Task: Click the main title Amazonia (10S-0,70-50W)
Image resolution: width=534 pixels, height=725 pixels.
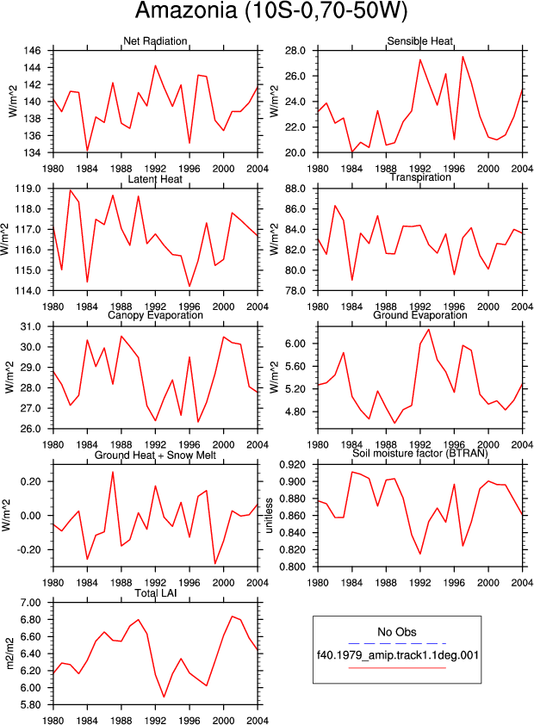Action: click(x=271, y=10)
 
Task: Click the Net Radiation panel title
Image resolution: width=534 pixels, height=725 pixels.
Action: click(x=155, y=41)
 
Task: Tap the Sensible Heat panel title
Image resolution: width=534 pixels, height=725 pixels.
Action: click(x=419, y=41)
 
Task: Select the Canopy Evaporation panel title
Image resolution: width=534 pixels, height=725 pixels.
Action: click(x=155, y=315)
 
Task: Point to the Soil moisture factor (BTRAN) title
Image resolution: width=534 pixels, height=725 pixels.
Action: click(x=419, y=453)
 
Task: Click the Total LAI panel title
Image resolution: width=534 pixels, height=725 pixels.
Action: click(x=155, y=592)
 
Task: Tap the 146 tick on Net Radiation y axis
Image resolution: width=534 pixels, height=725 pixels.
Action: click(x=33, y=51)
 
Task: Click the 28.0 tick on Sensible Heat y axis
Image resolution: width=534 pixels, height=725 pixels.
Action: click(x=295, y=51)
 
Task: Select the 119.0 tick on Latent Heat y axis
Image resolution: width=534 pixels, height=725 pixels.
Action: click(x=28, y=189)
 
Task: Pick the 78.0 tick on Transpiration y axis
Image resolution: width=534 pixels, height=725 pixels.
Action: click(x=295, y=290)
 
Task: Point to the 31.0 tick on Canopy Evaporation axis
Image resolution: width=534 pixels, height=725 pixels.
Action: click(x=30, y=326)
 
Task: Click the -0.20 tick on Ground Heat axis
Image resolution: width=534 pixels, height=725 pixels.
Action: click(x=28, y=549)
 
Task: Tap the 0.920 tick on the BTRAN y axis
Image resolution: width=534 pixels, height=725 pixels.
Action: click(x=292, y=464)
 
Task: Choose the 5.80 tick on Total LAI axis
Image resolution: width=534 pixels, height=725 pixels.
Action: click(x=30, y=704)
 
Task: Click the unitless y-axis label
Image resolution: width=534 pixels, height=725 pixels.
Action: click(x=269, y=516)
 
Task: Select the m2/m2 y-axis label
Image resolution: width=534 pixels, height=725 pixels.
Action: click(x=10, y=654)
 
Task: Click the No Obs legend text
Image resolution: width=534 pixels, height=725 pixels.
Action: click(x=397, y=632)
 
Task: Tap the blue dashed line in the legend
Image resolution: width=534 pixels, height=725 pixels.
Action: click(x=397, y=643)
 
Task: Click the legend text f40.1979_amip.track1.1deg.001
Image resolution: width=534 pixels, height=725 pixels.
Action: click(x=398, y=655)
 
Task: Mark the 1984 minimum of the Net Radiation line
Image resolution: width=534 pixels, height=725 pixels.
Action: click(x=87, y=151)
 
